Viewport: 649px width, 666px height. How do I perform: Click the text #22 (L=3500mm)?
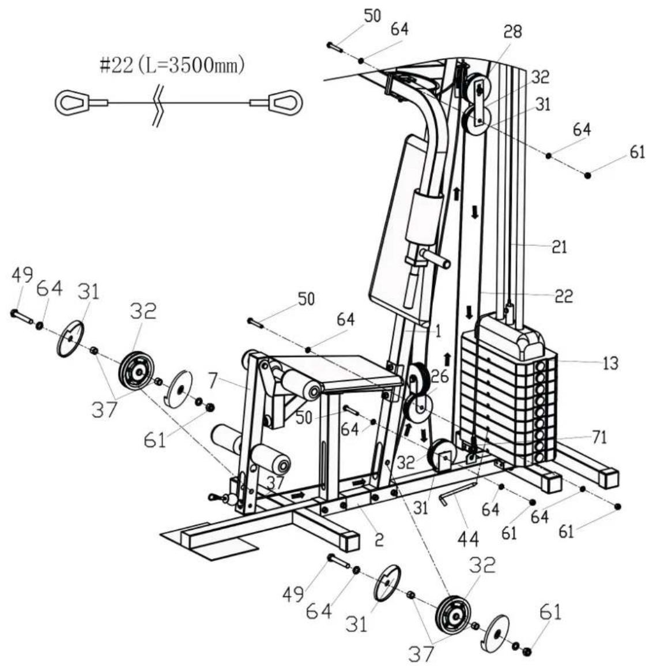point(172,65)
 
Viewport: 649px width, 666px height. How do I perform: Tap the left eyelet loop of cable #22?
point(72,102)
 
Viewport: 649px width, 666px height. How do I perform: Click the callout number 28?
point(513,31)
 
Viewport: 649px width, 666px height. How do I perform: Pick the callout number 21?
point(559,247)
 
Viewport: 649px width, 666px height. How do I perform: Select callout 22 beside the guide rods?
point(564,295)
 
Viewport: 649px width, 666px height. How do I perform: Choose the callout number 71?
point(599,437)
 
